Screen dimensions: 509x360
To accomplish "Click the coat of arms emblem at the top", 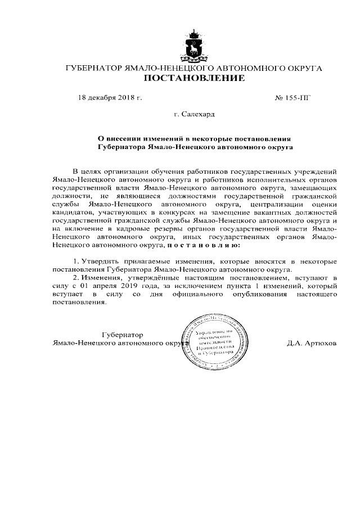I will pyautogui.click(x=193, y=47).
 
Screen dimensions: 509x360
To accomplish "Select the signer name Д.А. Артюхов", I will pyautogui.click(x=311, y=343).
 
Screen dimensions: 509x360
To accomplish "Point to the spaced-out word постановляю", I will pyautogui.click(x=204, y=245).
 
